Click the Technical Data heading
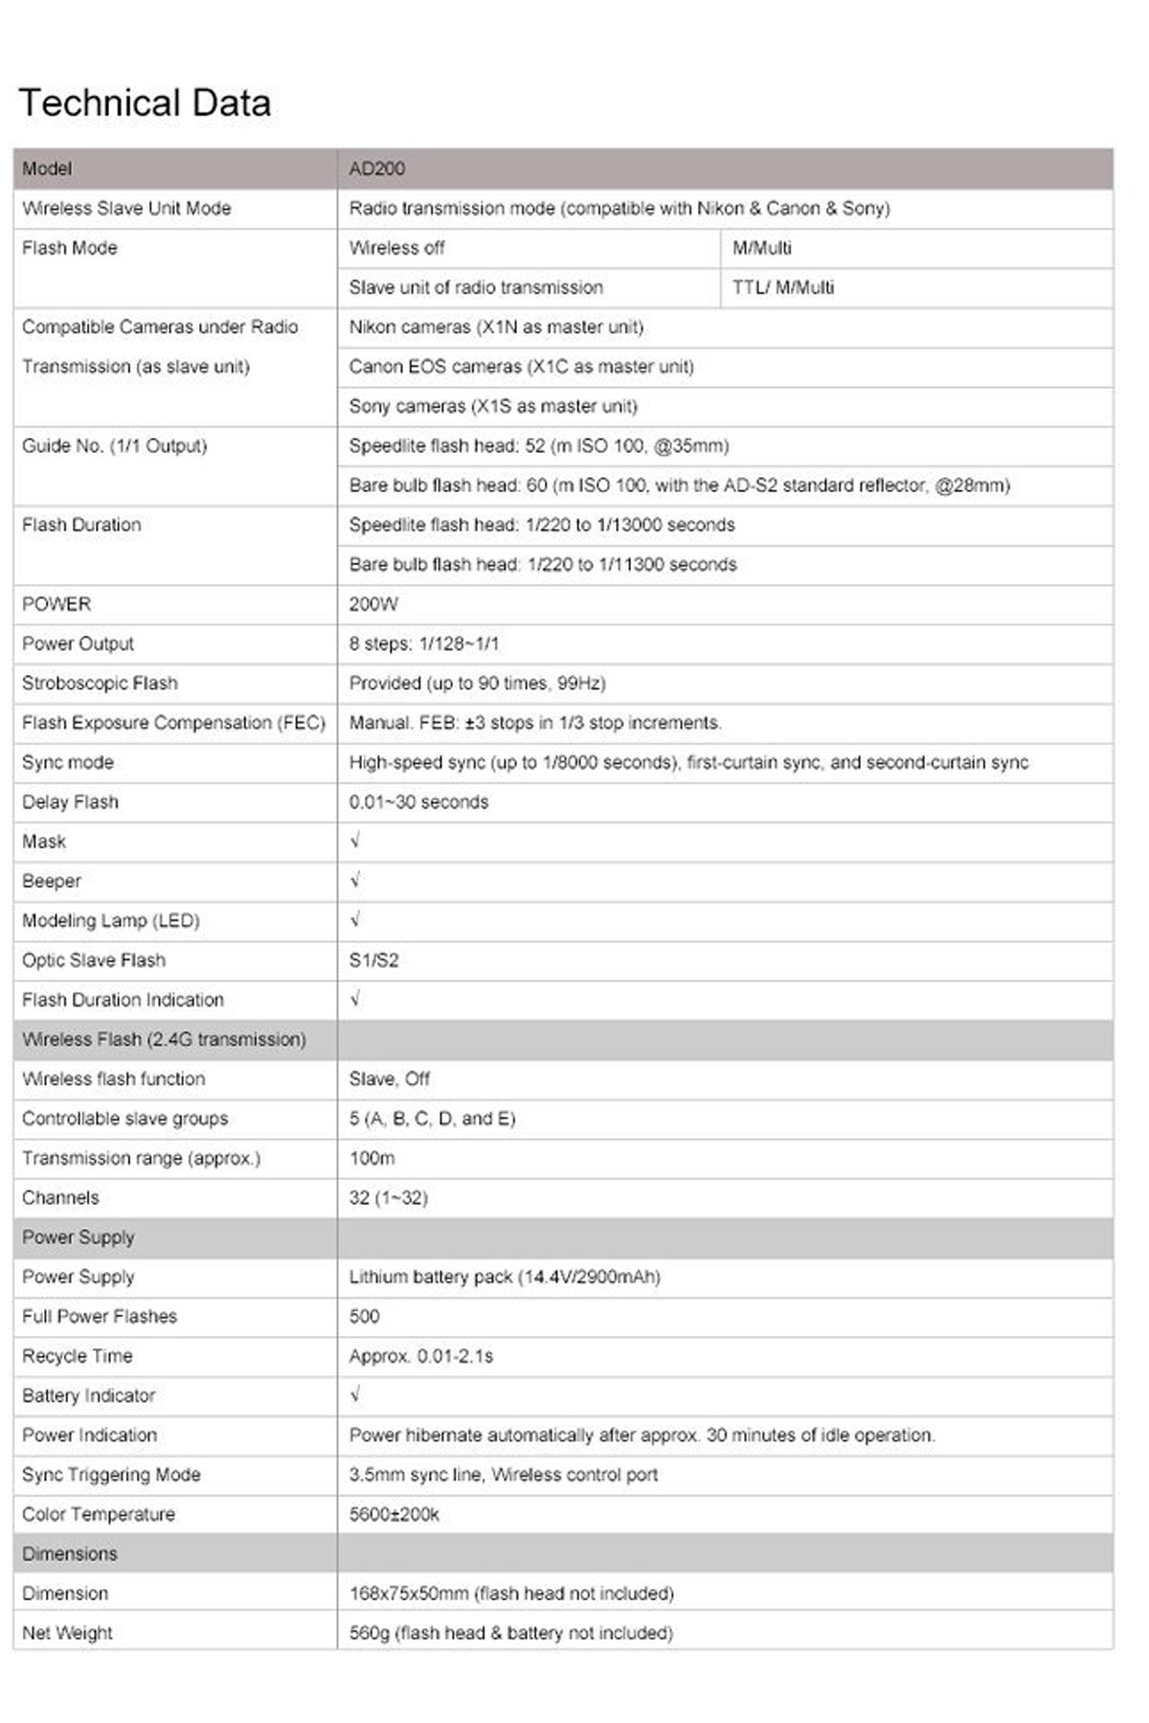[x=145, y=103]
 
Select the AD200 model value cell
[x=377, y=169]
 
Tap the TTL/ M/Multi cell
[x=782, y=287]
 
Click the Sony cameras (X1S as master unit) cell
[x=493, y=406]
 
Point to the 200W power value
[x=373, y=604]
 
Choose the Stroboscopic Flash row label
[x=100, y=683]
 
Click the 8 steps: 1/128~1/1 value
[x=423, y=644]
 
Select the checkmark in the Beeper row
[x=355, y=880]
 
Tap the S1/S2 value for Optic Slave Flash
[x=373, y=960]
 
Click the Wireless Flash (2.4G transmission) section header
[x=164, y=1039]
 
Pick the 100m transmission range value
[x=372, y=1158]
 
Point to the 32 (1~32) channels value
[x=388, y=1197]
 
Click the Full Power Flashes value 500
[x=364, y=1316]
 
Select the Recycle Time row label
[x=78, y=1355]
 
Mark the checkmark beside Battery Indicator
[x=355, y=1394]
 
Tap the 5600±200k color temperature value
[x=394, y=1514]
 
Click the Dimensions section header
[x=70, y=1553]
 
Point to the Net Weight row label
[x=67, y=1632]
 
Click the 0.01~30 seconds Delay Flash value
[x=418, y=802]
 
